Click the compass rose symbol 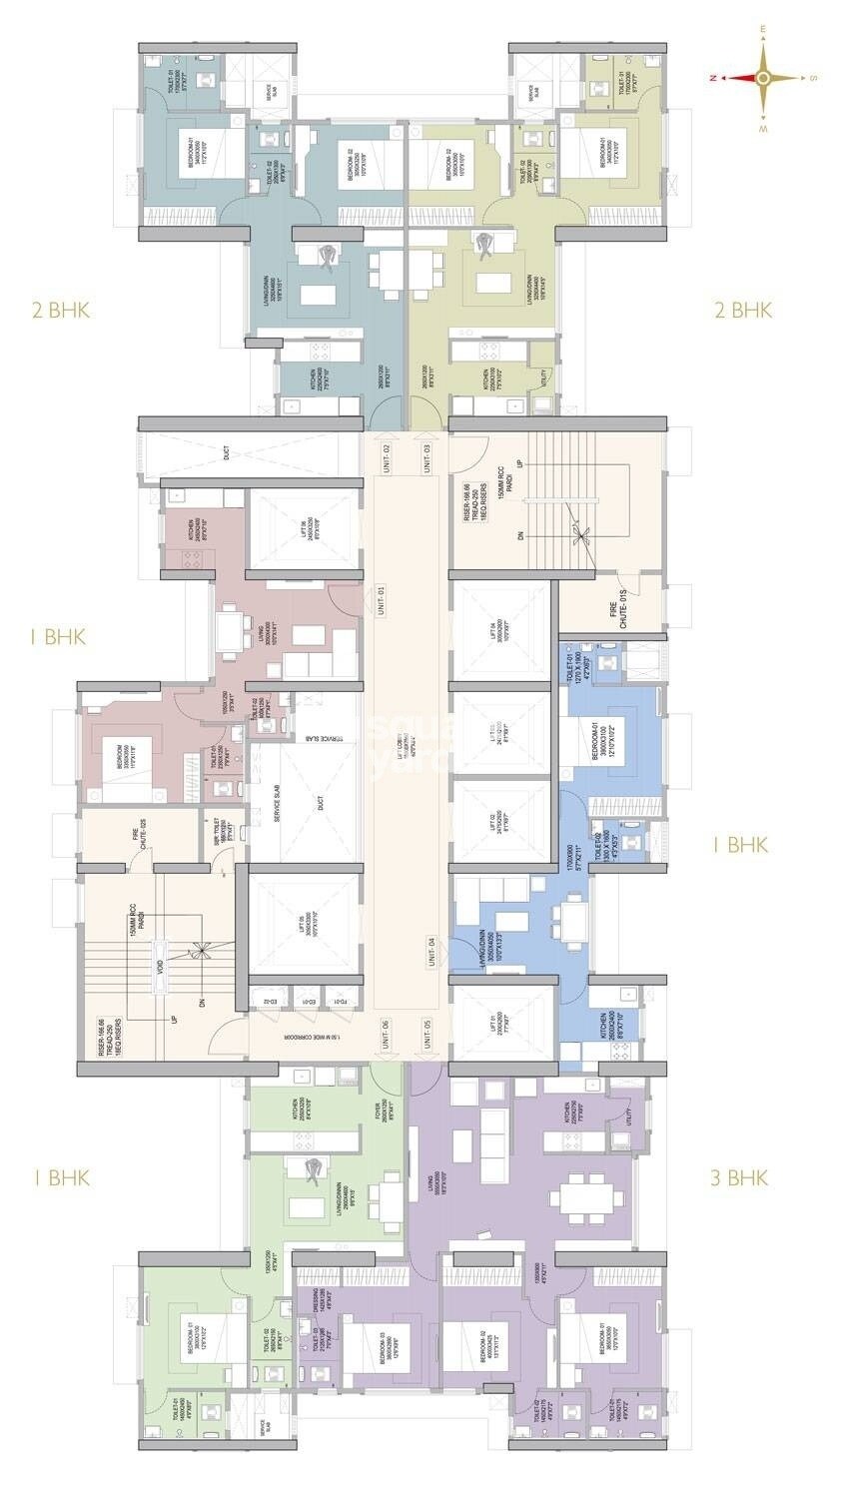click(762, 78)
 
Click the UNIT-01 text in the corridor click(384, 599)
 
